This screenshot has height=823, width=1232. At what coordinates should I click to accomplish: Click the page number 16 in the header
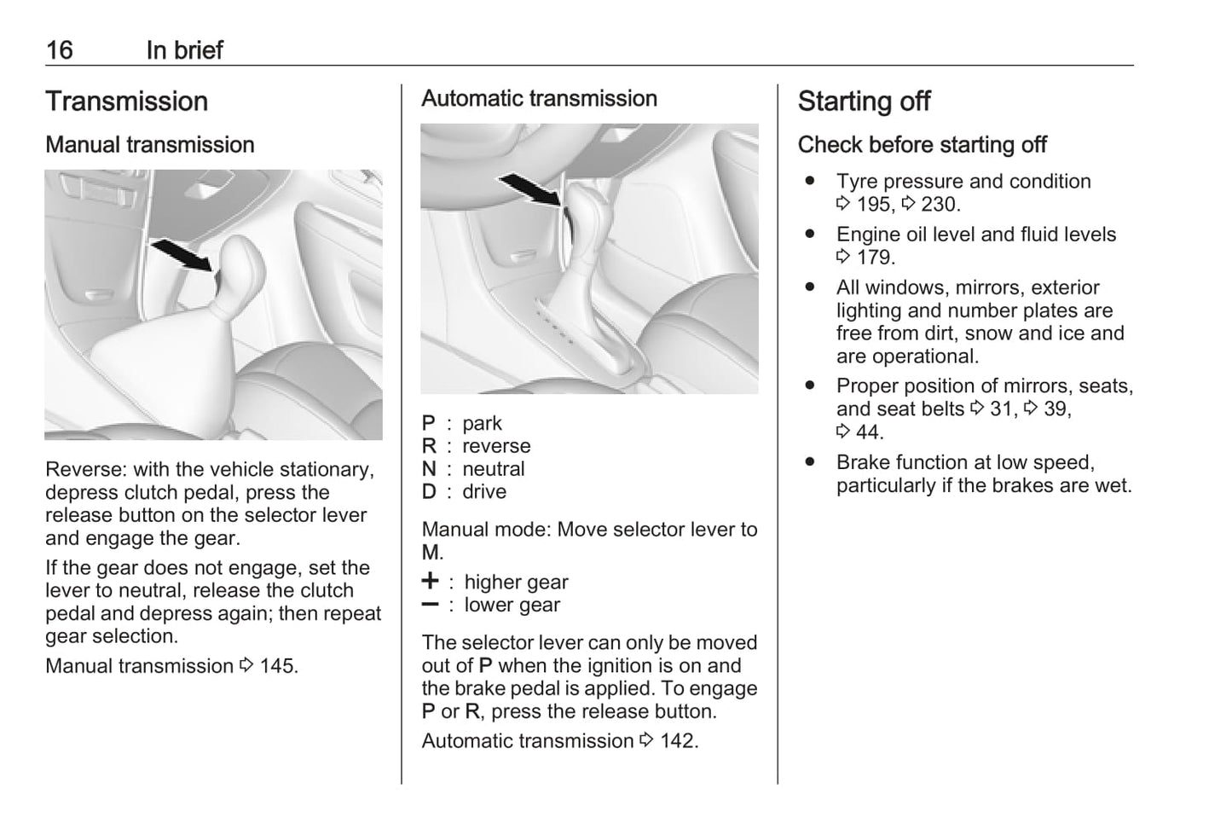click(60, 50)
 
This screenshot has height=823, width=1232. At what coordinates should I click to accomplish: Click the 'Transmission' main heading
click(126, 101)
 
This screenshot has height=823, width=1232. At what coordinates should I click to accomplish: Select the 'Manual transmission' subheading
click(150, 145)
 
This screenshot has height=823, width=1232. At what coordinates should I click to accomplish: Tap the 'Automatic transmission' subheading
click(539, 99)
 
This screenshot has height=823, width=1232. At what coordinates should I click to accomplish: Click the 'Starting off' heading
click(864, 101)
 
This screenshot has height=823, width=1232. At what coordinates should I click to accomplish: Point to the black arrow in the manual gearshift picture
click(181, 253)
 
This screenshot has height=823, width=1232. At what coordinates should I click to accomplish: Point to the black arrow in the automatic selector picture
click(529, 189)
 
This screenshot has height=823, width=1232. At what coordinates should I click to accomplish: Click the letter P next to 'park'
click(429, 424)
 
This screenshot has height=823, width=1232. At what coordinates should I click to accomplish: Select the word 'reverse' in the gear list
click(496, 447)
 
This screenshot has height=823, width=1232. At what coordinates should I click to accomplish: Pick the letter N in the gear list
click(429, 470)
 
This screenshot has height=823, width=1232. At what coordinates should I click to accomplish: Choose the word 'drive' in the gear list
click(484, 492)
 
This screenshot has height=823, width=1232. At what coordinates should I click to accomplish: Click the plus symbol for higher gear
click(431, 582)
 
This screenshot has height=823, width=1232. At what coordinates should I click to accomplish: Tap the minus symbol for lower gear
click(431, 605)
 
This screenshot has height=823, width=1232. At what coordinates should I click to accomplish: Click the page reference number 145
click(278, 666)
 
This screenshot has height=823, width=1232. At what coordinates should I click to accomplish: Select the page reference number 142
click(678, 741)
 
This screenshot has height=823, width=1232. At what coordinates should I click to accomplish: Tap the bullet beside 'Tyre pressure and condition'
click(809, 182)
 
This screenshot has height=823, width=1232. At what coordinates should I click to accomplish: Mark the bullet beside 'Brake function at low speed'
click(809, 462)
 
